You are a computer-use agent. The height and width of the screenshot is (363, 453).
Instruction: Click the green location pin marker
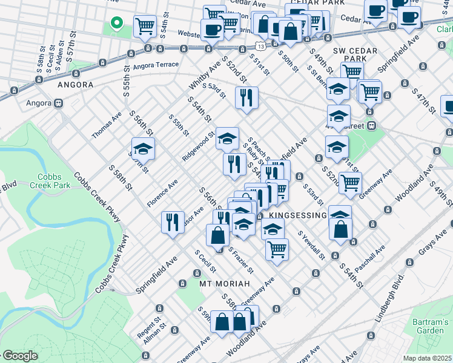[117, 24]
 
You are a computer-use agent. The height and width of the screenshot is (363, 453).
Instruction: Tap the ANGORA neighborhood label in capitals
[75, 85]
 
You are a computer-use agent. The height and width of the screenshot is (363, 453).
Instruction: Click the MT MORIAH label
[224, 283]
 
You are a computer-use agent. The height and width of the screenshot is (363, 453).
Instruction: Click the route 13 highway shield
[260, 46]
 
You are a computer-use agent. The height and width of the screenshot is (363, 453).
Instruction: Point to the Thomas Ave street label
[107, 125]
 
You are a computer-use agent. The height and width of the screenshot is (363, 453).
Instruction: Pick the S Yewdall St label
[311, 245]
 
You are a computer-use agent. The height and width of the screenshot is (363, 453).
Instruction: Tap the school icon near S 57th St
[143, 148]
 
